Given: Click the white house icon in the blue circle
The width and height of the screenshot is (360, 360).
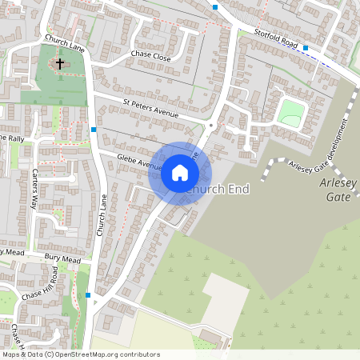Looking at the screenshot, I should pyautogui.click(x=179, y=173).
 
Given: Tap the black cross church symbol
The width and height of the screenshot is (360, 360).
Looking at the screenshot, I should pyautogui.click(x=59, y=62).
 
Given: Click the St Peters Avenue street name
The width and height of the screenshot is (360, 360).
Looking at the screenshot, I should pyautogui.click(x=150, y=108).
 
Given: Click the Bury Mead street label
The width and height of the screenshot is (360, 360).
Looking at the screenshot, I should pyautogui.click(x=64, y=258).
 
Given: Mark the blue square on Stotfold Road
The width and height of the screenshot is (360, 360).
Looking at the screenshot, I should pyautogui.click(x=306, y=48).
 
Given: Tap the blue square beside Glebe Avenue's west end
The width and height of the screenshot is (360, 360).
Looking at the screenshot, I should pyautogui.click(x=94, y=129).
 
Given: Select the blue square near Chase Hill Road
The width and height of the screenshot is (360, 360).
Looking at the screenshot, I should pyautogui.click(x=88, y=294).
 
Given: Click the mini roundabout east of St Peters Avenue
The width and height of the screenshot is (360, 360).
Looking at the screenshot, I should pyautogui.click(x=210, y=126).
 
